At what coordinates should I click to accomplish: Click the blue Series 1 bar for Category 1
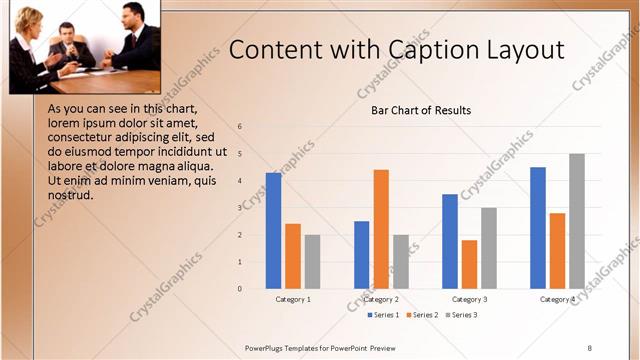point(273,231)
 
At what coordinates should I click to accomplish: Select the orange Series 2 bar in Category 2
point(381,229)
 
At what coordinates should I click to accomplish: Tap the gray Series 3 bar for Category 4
point(577,221)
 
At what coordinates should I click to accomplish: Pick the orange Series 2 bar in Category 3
point(469,264)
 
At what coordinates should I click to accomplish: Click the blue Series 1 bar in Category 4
point(538,228)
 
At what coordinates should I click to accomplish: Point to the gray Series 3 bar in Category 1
point(312,262)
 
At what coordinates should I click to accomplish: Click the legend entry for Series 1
point(384,315)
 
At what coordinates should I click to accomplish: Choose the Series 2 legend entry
point(422,315)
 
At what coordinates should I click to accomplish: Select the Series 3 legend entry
point(461,315)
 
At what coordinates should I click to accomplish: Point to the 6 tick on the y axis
point(240,127)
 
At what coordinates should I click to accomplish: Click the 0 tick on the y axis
point(240,289)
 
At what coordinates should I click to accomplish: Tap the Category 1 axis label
point(293,299)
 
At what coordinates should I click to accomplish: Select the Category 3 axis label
point(469,299)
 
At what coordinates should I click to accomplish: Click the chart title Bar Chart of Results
point(421,110)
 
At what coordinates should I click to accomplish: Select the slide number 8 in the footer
point(589,347)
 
